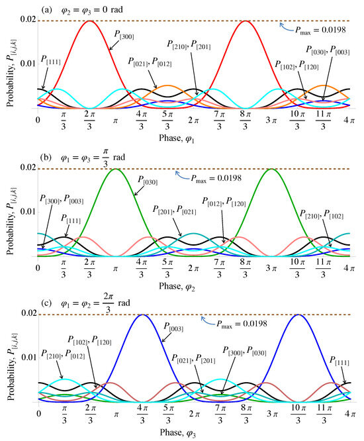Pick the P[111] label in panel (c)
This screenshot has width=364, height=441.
pyautogui.click(x=340, y=360)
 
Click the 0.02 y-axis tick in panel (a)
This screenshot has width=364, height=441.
pyautogui.click(x=28, y=21)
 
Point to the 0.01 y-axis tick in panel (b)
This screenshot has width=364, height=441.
pyautogui.click(x=28, y=212)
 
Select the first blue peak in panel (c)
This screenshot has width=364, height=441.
pyautogui.click(x=142, y=315)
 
